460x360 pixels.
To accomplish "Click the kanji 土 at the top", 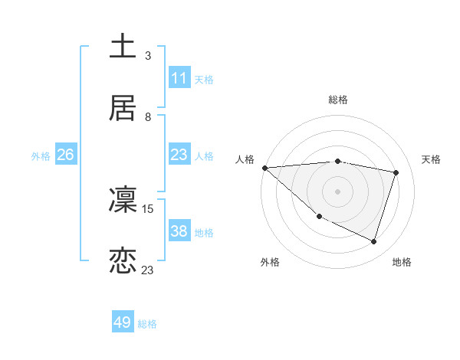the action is point(123,46).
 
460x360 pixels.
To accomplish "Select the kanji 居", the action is point(123,108).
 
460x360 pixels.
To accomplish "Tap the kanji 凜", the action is point(123,200).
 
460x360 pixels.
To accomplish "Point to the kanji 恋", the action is point(123,261).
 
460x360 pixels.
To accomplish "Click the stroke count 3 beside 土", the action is point(148,55).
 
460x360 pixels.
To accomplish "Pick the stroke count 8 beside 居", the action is point(148,117).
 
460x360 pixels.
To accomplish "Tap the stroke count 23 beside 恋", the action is point(148,270).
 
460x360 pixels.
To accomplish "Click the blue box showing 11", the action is point(179,78).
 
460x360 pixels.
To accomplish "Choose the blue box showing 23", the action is point(179,155).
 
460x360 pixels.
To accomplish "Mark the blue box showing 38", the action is point(179,231).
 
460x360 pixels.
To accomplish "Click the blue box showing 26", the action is point(66,155).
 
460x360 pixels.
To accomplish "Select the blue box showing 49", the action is point(123,322).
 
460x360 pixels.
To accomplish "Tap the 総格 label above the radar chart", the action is point(338,100).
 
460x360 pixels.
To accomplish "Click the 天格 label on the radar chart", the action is point(432,159).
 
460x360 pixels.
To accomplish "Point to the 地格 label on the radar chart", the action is point(402,262).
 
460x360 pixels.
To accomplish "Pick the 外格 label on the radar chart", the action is point(270,262).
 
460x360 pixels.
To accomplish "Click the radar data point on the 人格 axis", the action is point(264,168).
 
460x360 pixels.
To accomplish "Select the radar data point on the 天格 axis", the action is point(396,172).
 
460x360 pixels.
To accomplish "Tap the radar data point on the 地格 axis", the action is point(373,241).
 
